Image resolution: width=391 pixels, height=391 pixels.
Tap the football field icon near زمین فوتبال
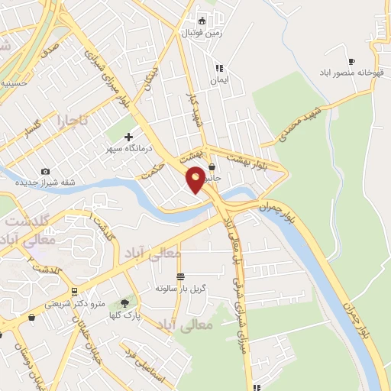202,21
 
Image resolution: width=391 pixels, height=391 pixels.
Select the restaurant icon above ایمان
218,67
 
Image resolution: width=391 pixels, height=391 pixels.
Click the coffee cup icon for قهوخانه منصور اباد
351,61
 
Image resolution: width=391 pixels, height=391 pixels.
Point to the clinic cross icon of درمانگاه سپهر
138,137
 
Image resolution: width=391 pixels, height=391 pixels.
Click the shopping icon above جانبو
211,166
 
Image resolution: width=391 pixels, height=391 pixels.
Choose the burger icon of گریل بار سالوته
180,276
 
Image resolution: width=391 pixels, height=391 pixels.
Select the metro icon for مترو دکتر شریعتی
73,292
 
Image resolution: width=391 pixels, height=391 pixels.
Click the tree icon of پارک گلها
124,304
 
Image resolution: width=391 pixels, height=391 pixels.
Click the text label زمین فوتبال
200,33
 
